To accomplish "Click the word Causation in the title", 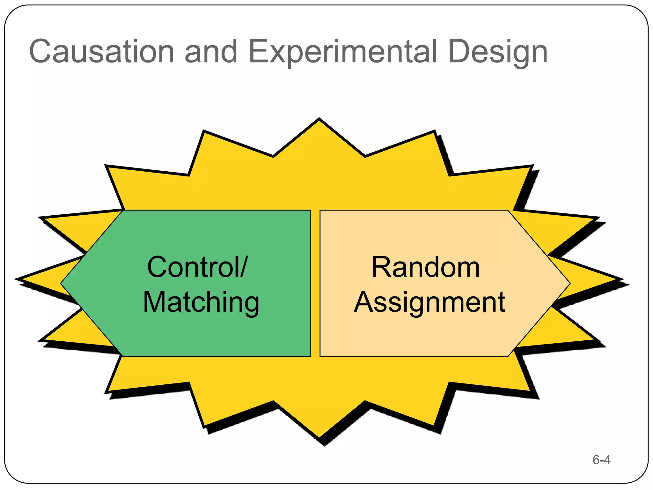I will pyautogui.click(x=101, y=52).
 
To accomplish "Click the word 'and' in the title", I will pyautogui.click(x=211, y=52).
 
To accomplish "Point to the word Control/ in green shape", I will pyautogui.click(x=197, y=267).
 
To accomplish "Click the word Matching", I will pyautogui.click(x=201, y=302).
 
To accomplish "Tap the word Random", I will pyautogui.click(x=426, y=267).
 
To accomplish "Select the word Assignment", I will pyautogui.click(x=429, y=302).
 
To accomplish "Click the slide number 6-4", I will pyautogui.click(x=601, y=460).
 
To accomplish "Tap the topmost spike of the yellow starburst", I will pyautogui.click(x=319, y=122).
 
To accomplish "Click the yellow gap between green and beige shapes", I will pyautogui.click(x=315, y=283).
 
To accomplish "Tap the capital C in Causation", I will pyautogui.click(x=40, y=52).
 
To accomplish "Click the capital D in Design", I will pyautogui.click(x=460, y=52).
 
